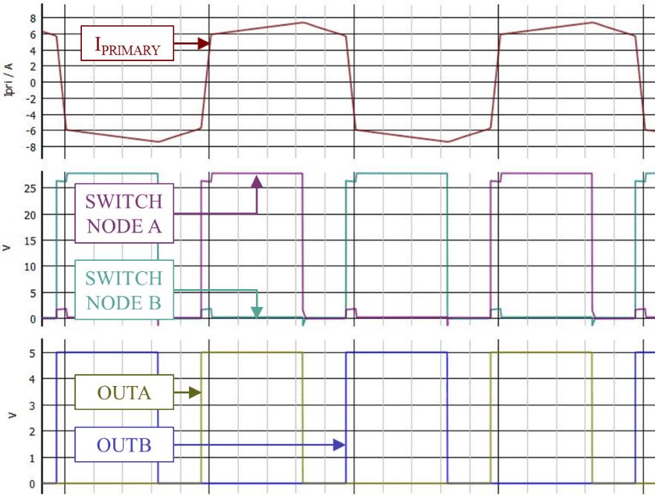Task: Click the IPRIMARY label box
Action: [x=127, y=43]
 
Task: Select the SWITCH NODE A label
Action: [x=124, y=214]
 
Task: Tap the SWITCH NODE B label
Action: [x=124, y=290]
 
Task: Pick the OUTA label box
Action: [x=124, y=392]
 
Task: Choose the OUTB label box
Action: [x=124, y=445]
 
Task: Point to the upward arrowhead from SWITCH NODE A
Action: [x=257, y=181]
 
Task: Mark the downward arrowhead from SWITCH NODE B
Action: [x=257, y=311]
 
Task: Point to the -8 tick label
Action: [x=30, y=147]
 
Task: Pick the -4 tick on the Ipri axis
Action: [x=30, y=115]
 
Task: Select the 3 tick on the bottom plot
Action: [x=32, y=405]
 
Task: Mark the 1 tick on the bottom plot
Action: [x=32, y=458]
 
